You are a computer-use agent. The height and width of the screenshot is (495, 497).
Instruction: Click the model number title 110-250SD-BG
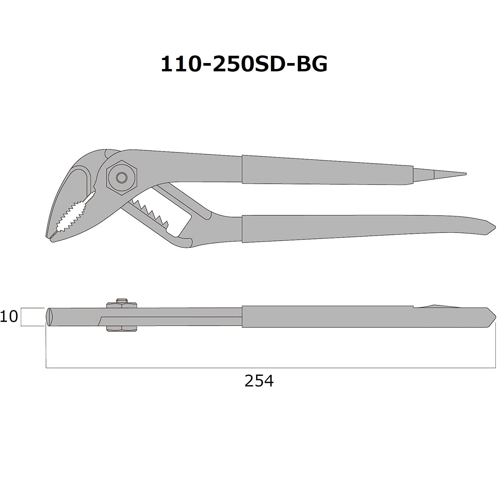(244, 64)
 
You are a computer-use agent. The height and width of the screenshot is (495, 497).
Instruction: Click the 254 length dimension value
(259, 381)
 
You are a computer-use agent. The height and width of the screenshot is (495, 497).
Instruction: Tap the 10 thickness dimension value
(9, 317)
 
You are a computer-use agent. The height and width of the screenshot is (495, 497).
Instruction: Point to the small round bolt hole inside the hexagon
(122, 177)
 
